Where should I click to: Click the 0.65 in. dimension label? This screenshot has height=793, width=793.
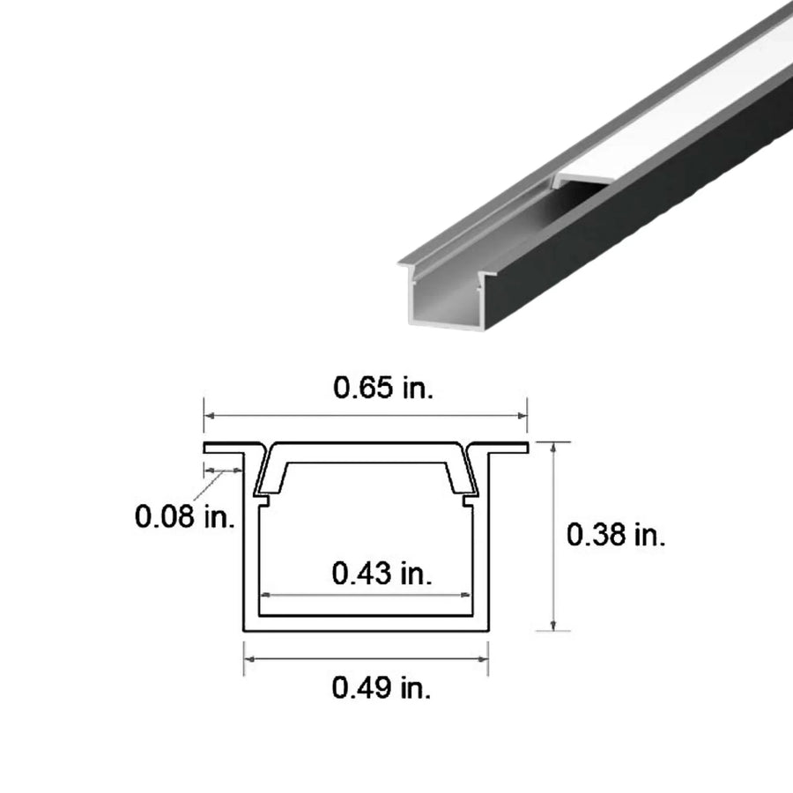[382, 388]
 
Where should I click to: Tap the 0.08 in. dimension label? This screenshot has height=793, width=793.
[184, 515]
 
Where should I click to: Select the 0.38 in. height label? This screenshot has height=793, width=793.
[616, 535]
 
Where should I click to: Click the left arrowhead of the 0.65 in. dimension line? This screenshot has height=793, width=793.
[208, 414]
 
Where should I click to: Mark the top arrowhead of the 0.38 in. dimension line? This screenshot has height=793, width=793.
[553, 447]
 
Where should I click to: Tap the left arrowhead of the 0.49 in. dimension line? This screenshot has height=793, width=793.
[248, 658]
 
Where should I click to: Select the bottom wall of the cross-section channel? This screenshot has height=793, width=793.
[366, 624]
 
